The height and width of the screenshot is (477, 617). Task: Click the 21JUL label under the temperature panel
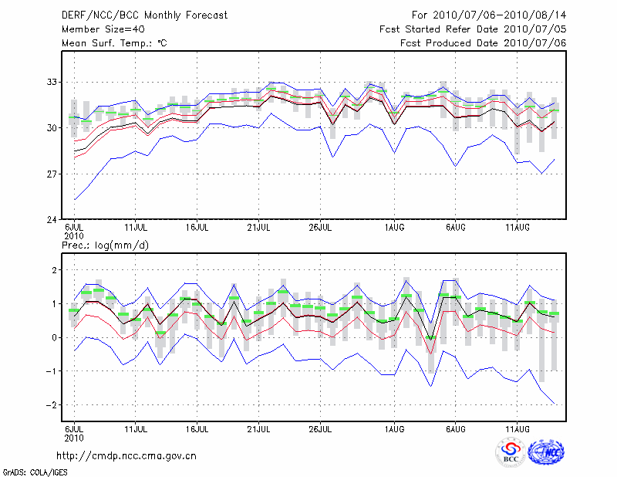pos(259,228)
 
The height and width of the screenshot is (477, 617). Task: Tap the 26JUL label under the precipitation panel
pos(320,428)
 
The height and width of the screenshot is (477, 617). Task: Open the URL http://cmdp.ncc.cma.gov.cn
pos(126,456)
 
